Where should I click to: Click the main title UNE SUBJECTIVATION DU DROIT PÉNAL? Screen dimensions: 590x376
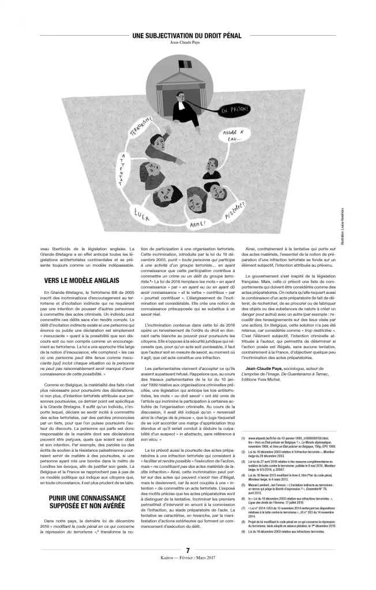tap(187, 36)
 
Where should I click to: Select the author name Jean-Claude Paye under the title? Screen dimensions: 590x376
tap(187, 43)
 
